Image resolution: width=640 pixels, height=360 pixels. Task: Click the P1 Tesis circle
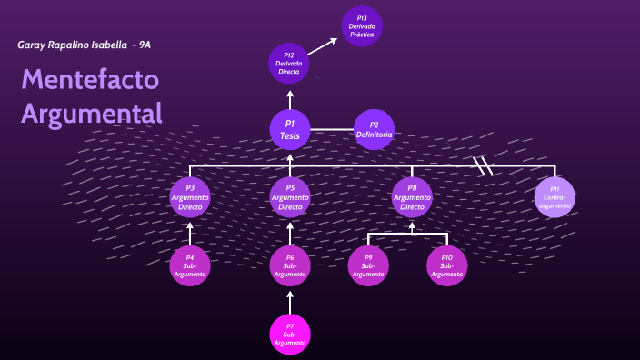point(290,129)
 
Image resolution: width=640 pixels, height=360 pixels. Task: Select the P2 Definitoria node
point(374,129)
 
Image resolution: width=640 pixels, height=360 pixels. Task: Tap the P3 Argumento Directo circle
point(190,197)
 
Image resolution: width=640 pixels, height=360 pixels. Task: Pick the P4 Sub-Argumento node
point(190,265)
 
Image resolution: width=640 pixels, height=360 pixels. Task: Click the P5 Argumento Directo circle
point(290,197)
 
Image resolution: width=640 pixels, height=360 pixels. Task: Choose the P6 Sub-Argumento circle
point(290,265)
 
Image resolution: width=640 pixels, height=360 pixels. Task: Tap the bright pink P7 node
point(290,334)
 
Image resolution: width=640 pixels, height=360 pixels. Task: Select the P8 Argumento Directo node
point(412,197)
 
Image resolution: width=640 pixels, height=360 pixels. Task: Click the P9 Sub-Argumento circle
point(368,265)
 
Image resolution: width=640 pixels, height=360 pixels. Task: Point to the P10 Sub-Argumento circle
point(446,265)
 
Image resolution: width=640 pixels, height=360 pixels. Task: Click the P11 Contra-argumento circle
point(555,197)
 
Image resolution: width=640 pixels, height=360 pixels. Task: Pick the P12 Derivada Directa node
point(289,63)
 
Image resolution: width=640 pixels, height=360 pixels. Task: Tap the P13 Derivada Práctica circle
point(362,25)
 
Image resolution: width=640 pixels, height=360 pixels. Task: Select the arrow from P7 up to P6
point(290,301)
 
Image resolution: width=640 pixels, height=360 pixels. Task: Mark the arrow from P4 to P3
point(190,232)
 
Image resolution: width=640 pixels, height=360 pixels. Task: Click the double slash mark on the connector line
point(483,165)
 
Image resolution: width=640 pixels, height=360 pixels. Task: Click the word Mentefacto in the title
point(90,80)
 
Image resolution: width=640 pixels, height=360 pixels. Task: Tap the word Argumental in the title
point(92,113)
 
